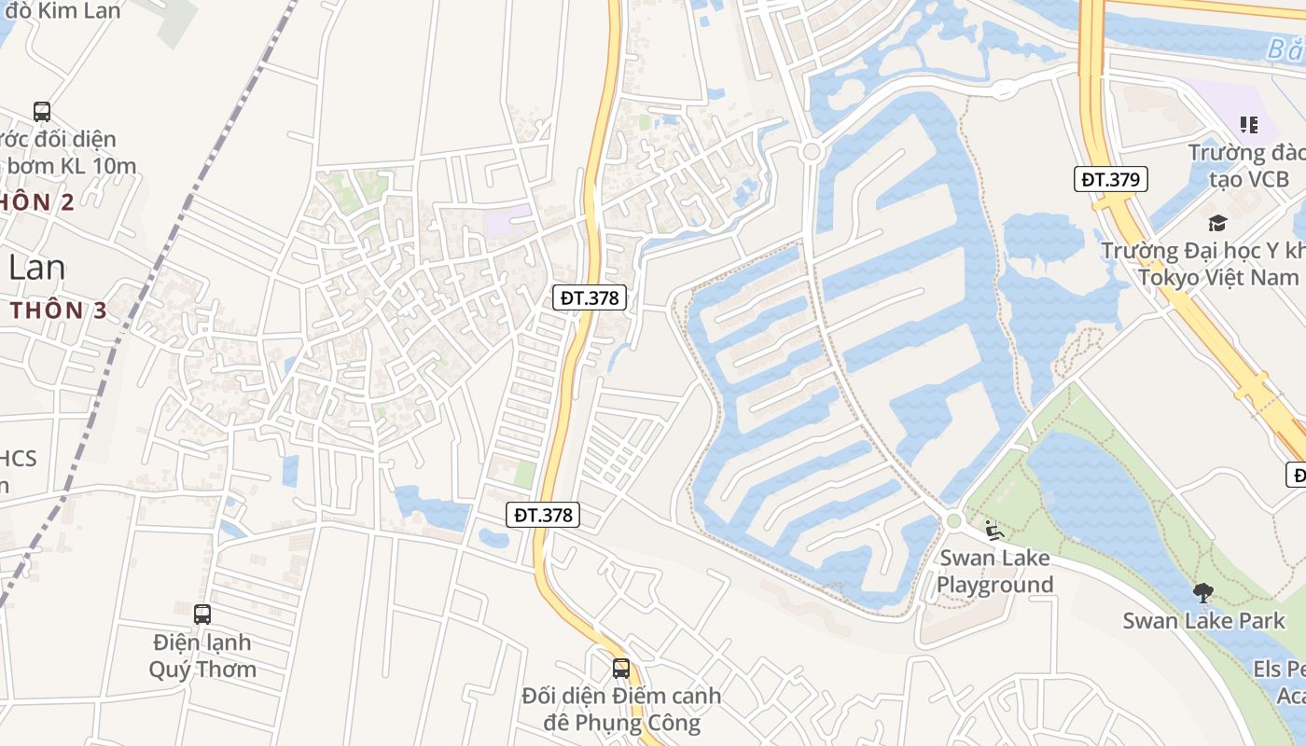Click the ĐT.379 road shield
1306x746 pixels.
point(1110,179)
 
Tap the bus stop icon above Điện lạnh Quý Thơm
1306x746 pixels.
point(202,615)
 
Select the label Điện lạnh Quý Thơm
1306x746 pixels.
point(202,656)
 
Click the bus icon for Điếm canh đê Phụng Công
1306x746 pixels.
point(621,669)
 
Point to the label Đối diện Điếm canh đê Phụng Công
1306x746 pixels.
point(621,709)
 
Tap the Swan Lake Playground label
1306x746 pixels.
point(995,571)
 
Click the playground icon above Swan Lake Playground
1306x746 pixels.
point(994,532)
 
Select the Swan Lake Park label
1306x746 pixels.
point(1203,620)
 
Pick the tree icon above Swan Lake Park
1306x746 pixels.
point(1203,592)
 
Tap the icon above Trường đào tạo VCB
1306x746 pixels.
point(1248,125)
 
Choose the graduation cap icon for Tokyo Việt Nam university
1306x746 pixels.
point(1216,223)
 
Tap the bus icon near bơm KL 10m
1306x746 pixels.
point(42,112)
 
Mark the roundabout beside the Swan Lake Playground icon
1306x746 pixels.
point(952,520)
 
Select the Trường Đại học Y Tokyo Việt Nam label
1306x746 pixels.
point(1203,264)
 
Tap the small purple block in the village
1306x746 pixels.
point(507,222)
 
